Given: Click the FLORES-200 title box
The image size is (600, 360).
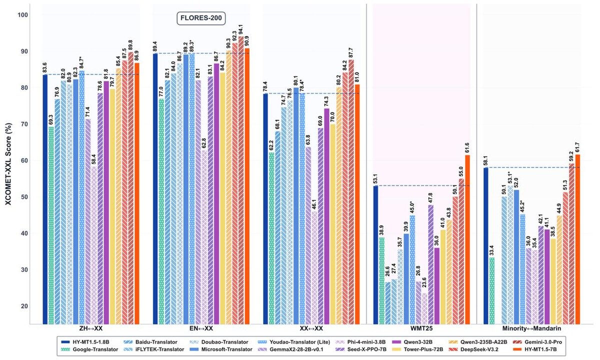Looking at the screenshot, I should pyautogui.click(x=202, y=19).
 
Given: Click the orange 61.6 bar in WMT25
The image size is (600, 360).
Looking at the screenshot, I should pyautogui.click(x=468, y=239).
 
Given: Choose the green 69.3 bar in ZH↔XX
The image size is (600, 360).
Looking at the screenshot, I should pyautogui.click(x=51, y=225).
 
